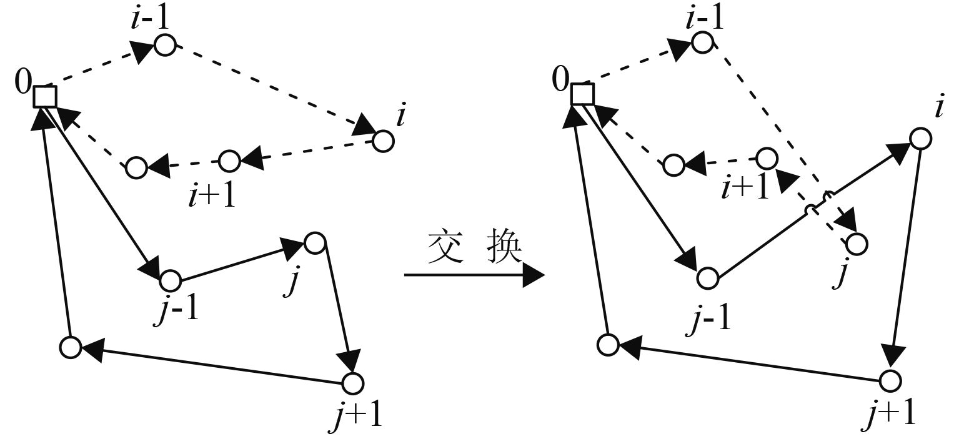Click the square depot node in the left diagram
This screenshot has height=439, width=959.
(45, 97)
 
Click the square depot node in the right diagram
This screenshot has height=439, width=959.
(582, 94)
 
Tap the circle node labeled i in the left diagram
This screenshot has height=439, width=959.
(383, 142)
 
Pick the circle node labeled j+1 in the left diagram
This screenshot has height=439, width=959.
(353, 383)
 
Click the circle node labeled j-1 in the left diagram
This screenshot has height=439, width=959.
(171, 279)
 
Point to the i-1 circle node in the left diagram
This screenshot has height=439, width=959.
(165, 45)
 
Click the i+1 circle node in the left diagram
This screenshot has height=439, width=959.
(229, 161)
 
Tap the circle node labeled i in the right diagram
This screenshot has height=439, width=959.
(920, 139)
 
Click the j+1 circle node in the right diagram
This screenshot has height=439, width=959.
(890, 380)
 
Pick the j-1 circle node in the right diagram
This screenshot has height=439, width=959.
(708, 278)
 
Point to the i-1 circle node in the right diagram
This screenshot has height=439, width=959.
(702, 42)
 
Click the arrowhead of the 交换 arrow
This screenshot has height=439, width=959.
(534, 275)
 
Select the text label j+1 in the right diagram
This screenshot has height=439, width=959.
(888, 412)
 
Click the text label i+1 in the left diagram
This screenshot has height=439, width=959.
(211, 195)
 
